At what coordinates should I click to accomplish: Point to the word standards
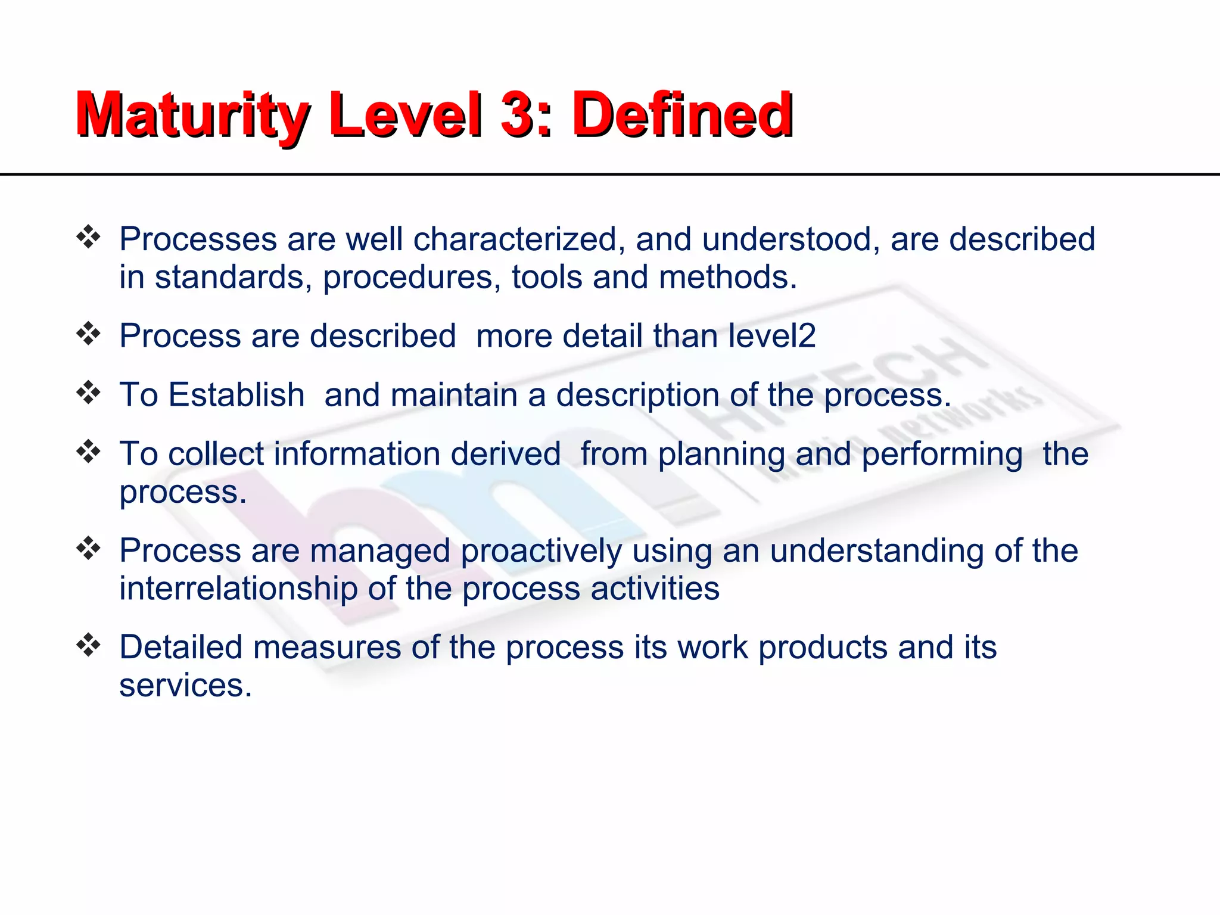(233, 278)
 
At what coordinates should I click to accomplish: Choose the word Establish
(236, 395)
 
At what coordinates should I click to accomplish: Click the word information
(357, 454)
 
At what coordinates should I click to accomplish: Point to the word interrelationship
(238, 589)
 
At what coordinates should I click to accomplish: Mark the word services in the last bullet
(185, 686)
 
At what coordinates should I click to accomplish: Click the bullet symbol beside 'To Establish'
(88, 393)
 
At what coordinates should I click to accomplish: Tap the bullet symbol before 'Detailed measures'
(88, 645)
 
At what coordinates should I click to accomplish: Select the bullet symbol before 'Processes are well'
(88, 237)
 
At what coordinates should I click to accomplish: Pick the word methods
(727, 278)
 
